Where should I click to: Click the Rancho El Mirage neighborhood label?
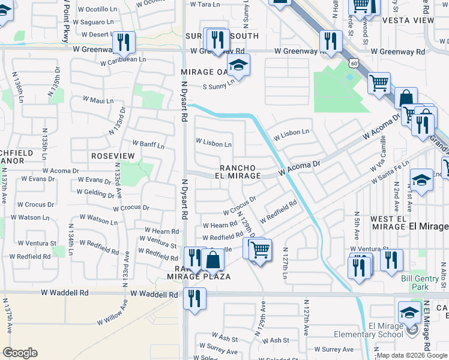[239, 172]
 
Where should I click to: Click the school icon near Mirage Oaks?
[238, 66]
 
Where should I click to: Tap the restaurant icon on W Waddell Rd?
[194, 298]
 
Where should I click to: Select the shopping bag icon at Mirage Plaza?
[212, 260]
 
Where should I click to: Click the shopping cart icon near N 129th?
[260, 249]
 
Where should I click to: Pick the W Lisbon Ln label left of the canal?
[214, 144]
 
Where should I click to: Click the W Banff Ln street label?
[148, 145]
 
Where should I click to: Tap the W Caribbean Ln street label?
[123, 61]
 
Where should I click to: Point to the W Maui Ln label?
[97, 101]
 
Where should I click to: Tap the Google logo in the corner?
[20, 353]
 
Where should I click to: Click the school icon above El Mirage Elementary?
[409, 312]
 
